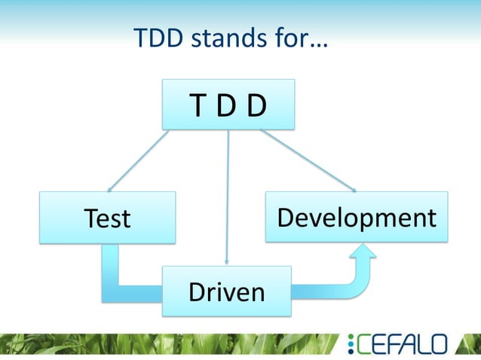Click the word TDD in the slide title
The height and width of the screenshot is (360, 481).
(158, 38)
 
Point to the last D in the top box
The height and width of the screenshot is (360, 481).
(257, 106)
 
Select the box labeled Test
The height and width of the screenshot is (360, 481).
(107, 217)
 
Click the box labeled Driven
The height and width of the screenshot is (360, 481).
(226, 291)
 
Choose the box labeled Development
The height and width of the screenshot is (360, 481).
(356, 216)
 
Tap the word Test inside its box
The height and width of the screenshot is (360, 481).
(107, 218)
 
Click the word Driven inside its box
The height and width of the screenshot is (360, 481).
(226, 291)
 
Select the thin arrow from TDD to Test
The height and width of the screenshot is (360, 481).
(140, 160)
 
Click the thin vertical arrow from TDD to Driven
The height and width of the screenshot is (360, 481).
(227, 196)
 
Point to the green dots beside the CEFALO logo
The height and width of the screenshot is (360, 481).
(351, 345)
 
